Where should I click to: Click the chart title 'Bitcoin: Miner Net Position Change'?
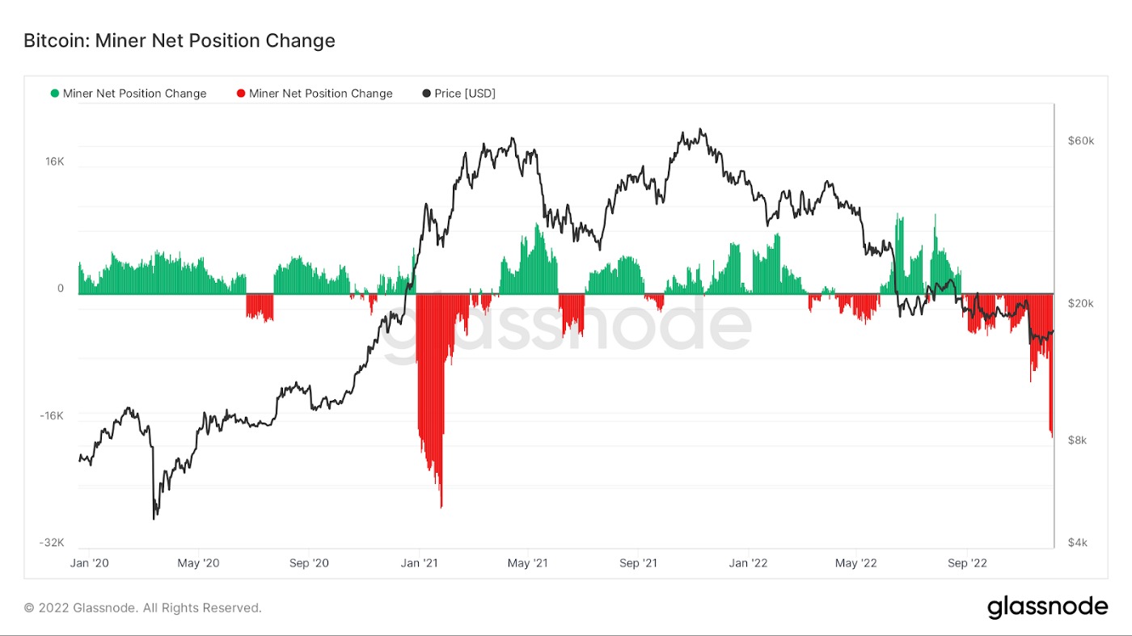tap(179, 40)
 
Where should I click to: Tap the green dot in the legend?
tap(55, 94)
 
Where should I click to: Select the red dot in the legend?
tap(241, 94)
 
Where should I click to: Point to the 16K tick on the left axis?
tap(54, 162)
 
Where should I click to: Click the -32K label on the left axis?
tap(51, 542)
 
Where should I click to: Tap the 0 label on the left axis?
tap(60, 289)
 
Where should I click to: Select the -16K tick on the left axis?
tap(51, 415)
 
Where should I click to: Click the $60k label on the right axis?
tap(1080, 141)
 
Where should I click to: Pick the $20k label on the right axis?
tap(1080, 303)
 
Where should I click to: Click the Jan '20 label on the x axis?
tap(89, 563)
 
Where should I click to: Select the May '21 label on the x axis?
tap(528, 563)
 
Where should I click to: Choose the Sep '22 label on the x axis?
tap(966, 563)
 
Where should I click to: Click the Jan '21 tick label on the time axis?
tap(419, 563)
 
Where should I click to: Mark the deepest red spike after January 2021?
tap(441, 507)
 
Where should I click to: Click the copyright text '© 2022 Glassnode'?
tap(142, 608)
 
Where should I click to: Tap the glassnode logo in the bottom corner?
tap(1047, 607)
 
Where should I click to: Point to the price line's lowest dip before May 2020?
tap(154, 518)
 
